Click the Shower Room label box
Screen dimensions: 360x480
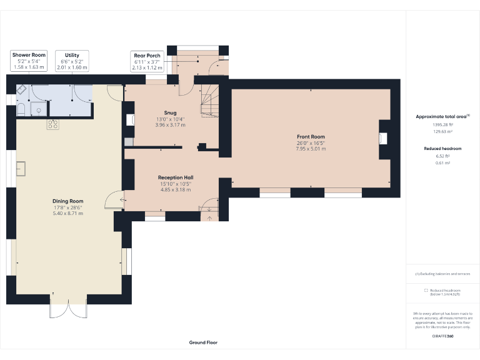pyautogui.click(x=29, y=61)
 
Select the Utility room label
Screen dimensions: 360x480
pyautogui.click(x=72, y=61)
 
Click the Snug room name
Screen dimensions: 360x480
pyautogui.click(x=170, y=113)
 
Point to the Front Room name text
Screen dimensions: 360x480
pyautogui.click(x=311, y=137)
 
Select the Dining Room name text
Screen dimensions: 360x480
pyautogui.click(x=67, y=201)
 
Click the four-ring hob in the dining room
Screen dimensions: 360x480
pyautogui.click(x=52, y=124)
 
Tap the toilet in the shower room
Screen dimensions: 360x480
pyautogui.click(x=21, y=111)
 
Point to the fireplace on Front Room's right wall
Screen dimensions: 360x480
pyautogui.click(x=382, y=138)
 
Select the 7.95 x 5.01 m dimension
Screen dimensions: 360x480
pyautogui.click(x=311, y=149)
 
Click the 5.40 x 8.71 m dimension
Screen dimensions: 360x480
pyautogui.click(x=67, y=213)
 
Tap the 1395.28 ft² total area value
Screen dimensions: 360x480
pyautogui.click(x=442, y=125)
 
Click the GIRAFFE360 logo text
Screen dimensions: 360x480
pyautogui.click(x=442, y=336)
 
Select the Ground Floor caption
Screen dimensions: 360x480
pyautogui.click(x=203, y=342)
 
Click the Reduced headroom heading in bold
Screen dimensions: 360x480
pyautogui.click(x=442, y=149)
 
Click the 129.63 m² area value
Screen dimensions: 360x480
pyautogui.click(x=442, y=132)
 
